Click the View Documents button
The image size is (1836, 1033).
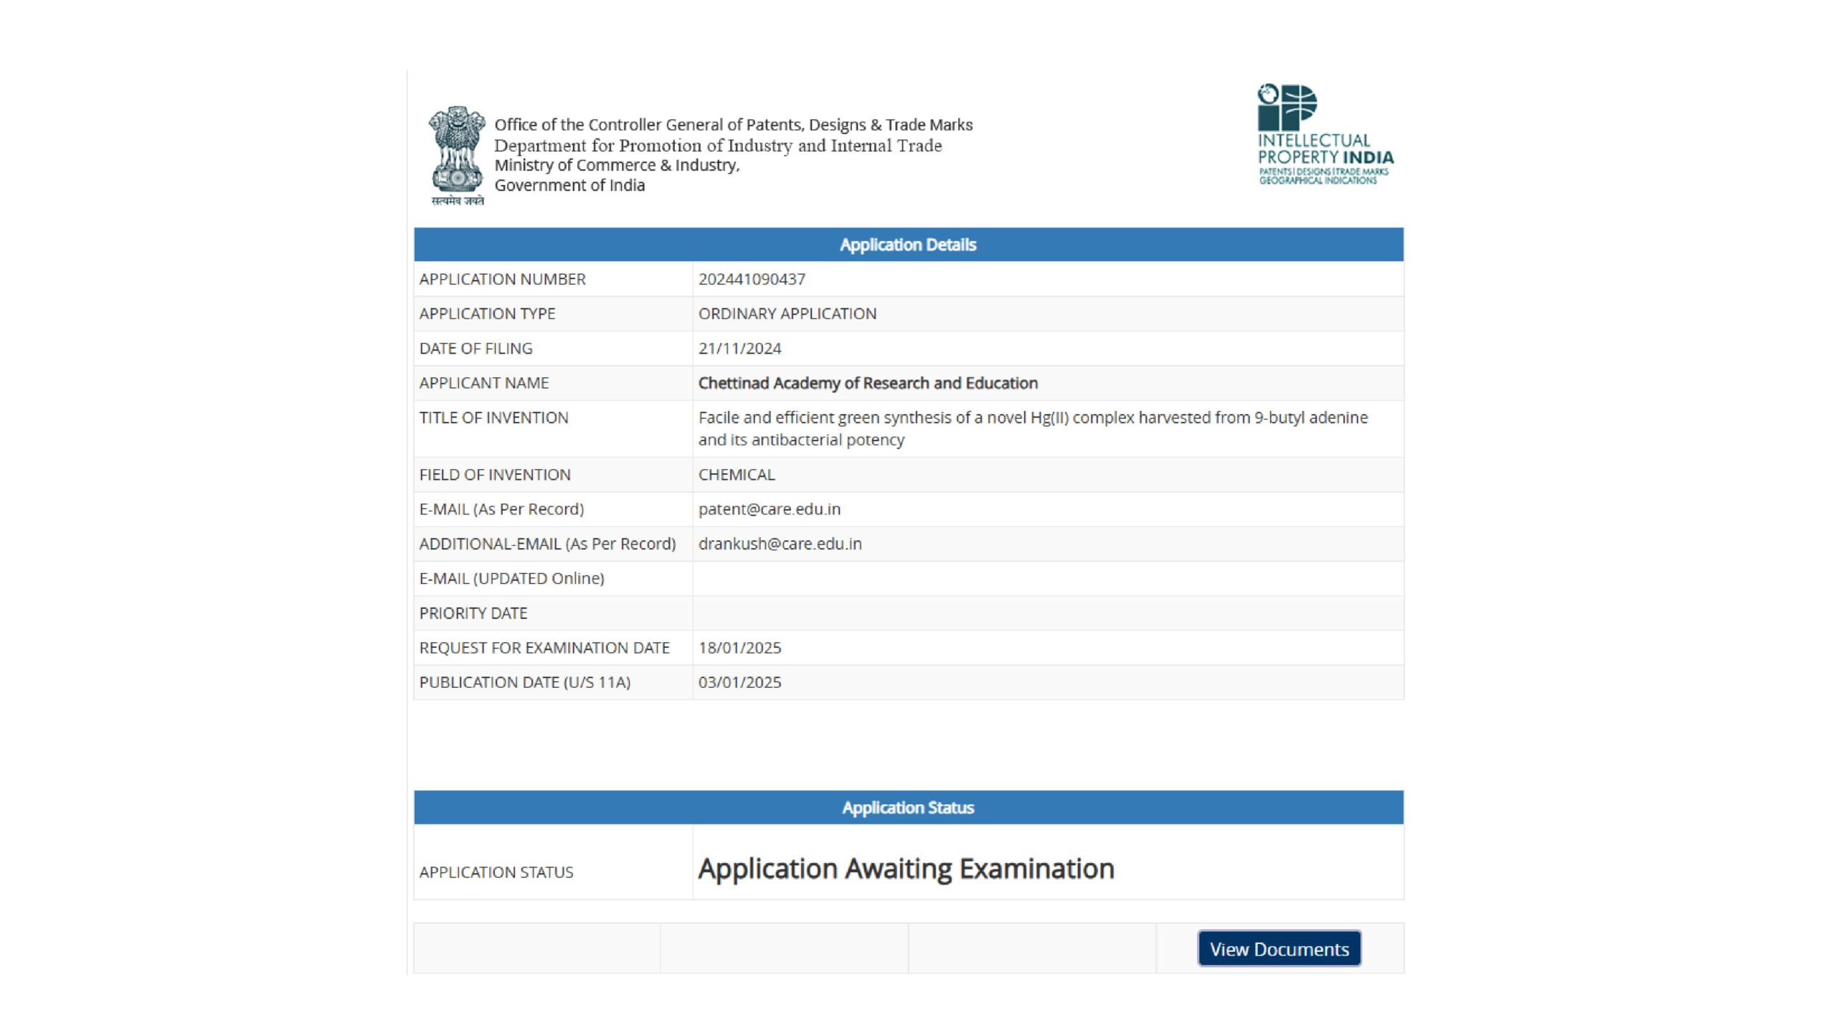(x=1279, y=948)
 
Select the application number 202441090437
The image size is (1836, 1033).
(x=752, y=279)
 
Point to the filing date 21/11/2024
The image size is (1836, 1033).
(x=739, y=349)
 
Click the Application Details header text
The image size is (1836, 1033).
(x=908, y=245)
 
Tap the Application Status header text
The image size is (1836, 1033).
(x=908, y=808)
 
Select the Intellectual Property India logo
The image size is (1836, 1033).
(x=1325, y=135)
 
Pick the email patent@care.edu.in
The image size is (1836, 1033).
(x=769, y=509)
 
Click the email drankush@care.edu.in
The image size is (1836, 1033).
(x=780, y=544)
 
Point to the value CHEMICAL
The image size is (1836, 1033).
(x=737, y=475)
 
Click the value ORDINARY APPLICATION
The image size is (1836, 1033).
(x=787, y=313)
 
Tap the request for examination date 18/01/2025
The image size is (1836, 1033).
(x=739, y=648)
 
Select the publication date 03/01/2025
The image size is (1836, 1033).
(x=739, y=682)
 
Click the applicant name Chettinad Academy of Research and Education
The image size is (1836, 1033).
(x=868, y=383)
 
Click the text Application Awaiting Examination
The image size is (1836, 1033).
(x=906, y=869)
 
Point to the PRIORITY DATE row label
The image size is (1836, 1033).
(x=473, y=613)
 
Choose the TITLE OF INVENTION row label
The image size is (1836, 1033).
(x=493, y=418)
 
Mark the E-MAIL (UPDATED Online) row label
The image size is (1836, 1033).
(x=511, y=578)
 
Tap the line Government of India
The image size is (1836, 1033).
(x=569, y=185)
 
